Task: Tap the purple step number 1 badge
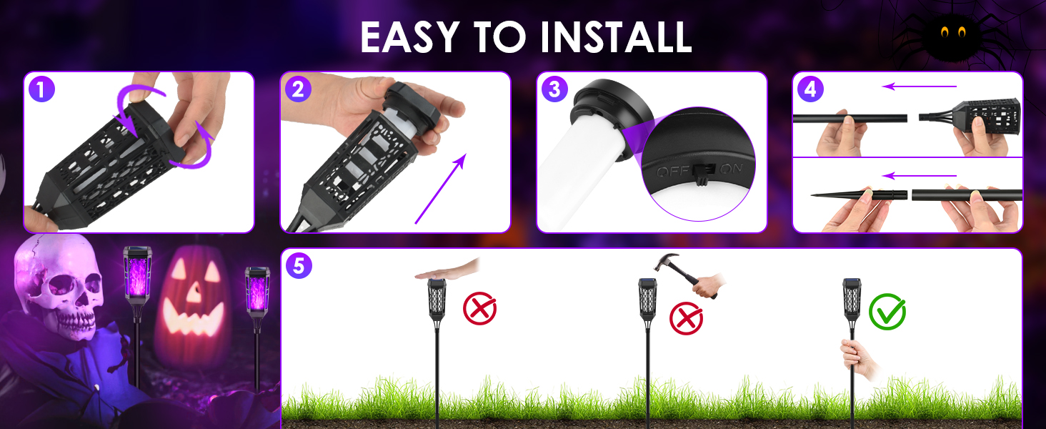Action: pyautogui.click(x=42, y=89)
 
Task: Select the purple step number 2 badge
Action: pyautogui.click(x=298, y=89)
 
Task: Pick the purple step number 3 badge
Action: pyautogui.click(x=554, y=89)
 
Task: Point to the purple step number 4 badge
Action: pyautogui.click(x=810, y=89)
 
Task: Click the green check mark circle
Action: pyautogui.click(x=887, y=312)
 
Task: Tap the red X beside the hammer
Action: pyautogui.click(x=686, y=318)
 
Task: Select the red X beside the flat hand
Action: pyautogui.click(x=479, y=309)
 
